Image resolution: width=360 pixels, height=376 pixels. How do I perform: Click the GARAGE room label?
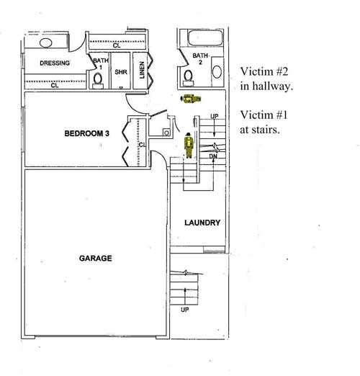(x=96, y=258)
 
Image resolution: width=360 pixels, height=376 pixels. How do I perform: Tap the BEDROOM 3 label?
(x=87, y=133)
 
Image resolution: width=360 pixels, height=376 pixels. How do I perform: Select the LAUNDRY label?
(x=202, y=223)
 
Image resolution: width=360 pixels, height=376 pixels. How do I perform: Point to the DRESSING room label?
(x=55, y=63)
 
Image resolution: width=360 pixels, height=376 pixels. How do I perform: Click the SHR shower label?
(x=121, y=72)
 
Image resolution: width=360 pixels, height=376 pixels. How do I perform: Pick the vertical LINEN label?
(x=142, y=70)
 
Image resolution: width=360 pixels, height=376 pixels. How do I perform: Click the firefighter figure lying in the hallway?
(x=191, y=99)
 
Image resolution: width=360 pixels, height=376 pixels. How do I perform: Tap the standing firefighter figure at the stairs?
(x=189, y=146)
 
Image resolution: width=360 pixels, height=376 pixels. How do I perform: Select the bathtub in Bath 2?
(x=205, y=37)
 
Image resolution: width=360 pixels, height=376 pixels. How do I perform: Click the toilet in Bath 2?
(x=188, y=78)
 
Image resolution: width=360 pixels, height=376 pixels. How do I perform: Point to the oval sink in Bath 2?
(x=217, y=71)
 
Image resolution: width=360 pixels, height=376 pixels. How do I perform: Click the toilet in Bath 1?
(x=98, y=81)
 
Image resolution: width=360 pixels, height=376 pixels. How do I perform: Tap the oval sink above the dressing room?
(x=45, y=43)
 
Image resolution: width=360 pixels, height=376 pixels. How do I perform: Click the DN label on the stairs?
(x=213, y=156)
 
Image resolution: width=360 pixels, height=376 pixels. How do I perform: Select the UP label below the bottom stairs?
(x=184, y=310)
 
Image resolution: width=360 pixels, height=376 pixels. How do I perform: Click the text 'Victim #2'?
(x=264, y=71)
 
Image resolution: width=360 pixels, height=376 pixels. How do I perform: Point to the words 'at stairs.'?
(x=260, y=130)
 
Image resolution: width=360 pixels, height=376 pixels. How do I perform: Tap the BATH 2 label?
(x=200, y=59)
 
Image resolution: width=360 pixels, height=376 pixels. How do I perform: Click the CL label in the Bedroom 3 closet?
(x=142, y=145)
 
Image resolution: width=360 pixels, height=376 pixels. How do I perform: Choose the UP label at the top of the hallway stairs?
(x=215, y=116)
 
